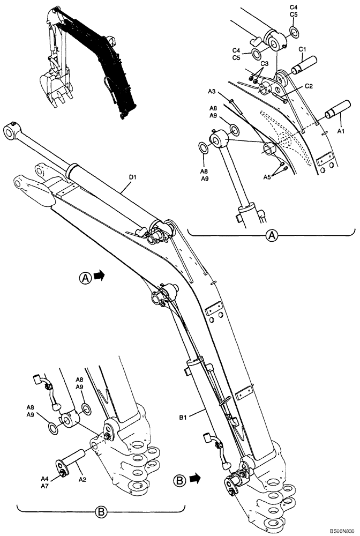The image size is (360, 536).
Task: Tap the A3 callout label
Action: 212,92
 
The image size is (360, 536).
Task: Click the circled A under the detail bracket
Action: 273,235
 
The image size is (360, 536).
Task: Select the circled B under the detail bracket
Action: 100,512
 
